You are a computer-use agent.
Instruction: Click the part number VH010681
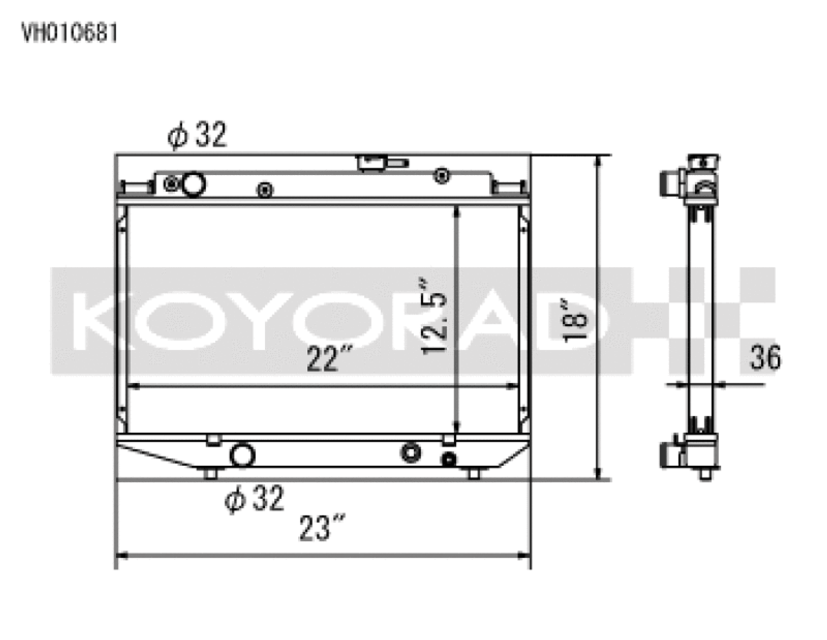[70, 33]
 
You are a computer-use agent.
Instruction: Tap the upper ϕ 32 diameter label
[197, 136]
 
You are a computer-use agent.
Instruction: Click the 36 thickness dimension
[765, 357]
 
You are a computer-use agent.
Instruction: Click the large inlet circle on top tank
[193, 184]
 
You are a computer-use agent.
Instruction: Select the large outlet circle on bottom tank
[243, 454]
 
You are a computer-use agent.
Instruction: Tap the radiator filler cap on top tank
[381, 162]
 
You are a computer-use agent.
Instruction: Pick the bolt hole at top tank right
[442, 175]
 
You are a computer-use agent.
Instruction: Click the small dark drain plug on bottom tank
[448, 460]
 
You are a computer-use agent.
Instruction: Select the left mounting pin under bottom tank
[209, 474]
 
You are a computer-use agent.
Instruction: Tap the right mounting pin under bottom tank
[474, 474]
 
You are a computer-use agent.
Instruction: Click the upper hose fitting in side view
[669, 182]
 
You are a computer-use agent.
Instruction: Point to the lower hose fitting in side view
[669, 454]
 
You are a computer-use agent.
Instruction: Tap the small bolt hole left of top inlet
[171, 184]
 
